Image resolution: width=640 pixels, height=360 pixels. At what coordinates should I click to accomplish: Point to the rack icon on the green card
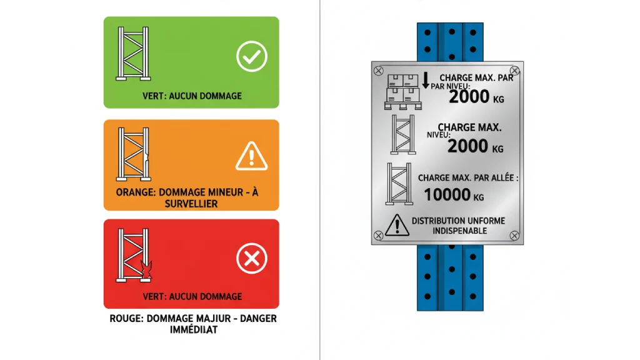click(133, 54)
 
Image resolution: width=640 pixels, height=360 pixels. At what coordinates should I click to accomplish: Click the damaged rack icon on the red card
click(134, 255)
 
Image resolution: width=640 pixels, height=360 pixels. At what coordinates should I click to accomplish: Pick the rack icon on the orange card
click(134, 154)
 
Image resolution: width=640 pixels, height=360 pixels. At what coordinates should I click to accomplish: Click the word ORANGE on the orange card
click(135, 192)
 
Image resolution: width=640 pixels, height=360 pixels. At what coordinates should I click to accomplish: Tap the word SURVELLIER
click(191, 204)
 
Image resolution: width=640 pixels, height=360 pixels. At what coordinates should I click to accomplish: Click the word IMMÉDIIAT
click(194, 329)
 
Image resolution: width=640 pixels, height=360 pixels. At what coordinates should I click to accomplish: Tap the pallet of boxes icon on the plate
click(403, 92)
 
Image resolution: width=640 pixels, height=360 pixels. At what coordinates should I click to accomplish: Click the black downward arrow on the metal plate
click(426, 81)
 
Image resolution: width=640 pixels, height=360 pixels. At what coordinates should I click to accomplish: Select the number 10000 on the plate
click(447, 195)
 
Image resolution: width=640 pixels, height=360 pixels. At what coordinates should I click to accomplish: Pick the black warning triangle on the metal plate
click(397, 225)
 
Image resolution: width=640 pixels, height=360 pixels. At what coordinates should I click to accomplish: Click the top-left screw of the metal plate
click(378, 71)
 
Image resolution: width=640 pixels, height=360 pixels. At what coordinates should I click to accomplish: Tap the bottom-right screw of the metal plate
click(514, 236)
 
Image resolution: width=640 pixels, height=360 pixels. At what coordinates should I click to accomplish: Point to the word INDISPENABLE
click(460, 231)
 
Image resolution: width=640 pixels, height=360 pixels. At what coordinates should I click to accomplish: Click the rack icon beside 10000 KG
click(399, 184)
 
